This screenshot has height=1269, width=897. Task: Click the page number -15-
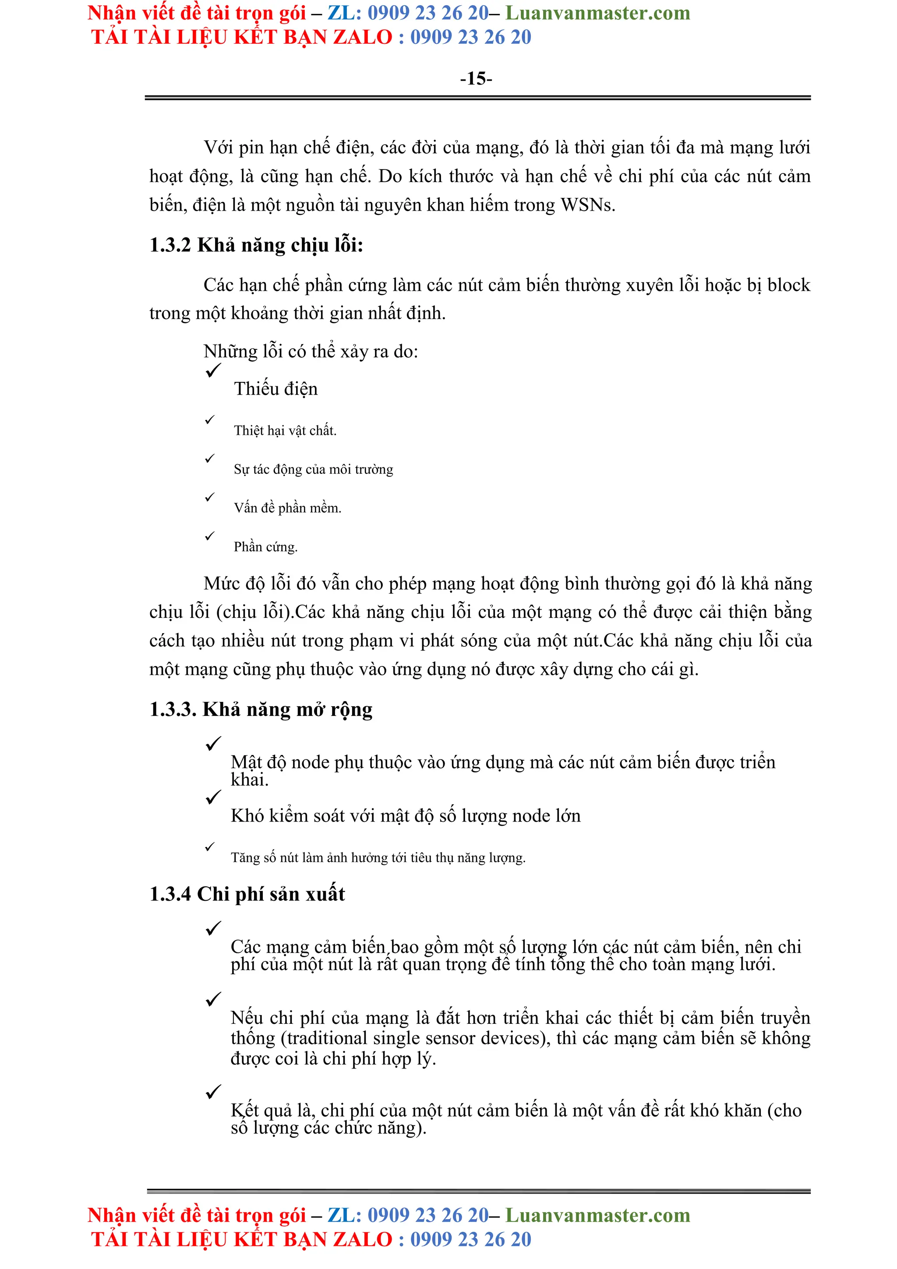tap(476, 78)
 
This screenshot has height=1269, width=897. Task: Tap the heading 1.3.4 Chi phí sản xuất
tap(247, 894)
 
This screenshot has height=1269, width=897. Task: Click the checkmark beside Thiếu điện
tap(213, 370)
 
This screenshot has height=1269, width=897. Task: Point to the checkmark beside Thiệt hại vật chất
tap(210, 420)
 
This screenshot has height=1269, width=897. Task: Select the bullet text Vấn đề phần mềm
tap(287, 508)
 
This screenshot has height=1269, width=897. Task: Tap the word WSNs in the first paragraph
tap(587, 205)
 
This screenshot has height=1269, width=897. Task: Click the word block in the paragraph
tap(789, 285)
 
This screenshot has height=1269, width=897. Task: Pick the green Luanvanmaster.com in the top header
tap(597, 13)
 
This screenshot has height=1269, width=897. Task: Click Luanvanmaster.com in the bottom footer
tap(597, 1216)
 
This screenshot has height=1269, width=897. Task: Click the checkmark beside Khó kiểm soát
tap(213, 797)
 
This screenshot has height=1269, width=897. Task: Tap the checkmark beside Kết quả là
tap(213, 1092)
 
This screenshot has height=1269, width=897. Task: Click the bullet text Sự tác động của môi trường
tap(313, 469)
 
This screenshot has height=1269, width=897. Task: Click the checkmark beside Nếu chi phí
tap(213, 999)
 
